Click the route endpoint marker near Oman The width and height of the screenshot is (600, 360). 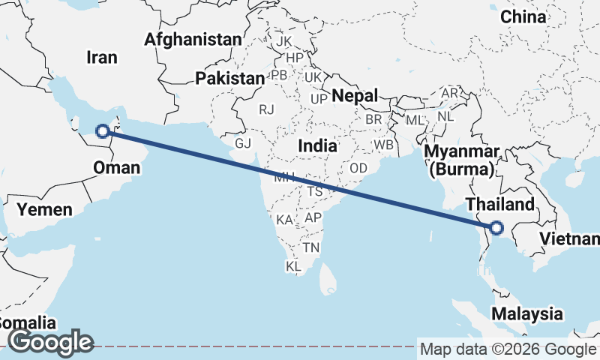(x=103, y=132)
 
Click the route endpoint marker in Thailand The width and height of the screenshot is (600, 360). (x=495, y=227)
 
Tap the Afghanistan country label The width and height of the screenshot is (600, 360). (x=194, y=39)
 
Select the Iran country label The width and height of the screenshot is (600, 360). (x=103, y=57)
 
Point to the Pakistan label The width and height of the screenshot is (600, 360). (x=229, y=78)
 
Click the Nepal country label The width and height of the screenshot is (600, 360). (x=355, y=95)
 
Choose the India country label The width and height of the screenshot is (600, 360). (x=317, y=146)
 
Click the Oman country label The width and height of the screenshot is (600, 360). (x=117, y=167)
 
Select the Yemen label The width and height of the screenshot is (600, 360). (x=46, y=209)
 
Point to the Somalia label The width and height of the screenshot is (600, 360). (x=27, y=323)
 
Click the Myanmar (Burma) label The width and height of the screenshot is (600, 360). (x=461, y=160)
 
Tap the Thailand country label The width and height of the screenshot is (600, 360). (x=499, y=204)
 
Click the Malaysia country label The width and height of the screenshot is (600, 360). (x=527, y=313)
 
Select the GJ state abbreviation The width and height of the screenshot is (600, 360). (x=243, y=142)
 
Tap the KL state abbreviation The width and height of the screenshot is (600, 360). (x=294, y=266)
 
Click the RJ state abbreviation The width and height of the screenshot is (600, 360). (x=266, y=109)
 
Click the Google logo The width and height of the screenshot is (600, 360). (x=50, y=342)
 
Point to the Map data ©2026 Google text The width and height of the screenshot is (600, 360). (x=507, y=349)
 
